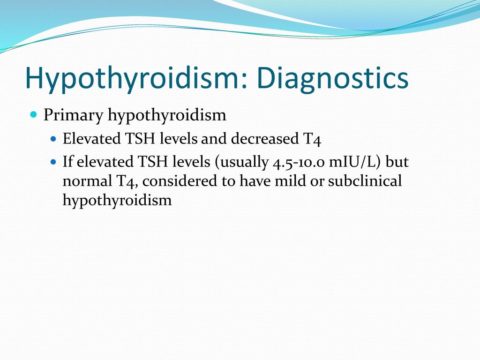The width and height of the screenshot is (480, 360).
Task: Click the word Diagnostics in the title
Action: pyautogui.click(x=333, y=78)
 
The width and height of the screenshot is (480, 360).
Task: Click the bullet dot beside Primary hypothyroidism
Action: pyautogui.click(x=34, y=115)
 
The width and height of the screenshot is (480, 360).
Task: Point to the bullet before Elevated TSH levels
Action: pyautogui.click(x=53, y=139)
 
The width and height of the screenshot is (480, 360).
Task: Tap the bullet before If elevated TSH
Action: pyautogui.click(x=53, y=161)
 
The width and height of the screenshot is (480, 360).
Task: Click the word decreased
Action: pyautogui.click(x=264, y=138)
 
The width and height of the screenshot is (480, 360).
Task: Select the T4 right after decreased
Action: pyautogui.click(x=312, y=139)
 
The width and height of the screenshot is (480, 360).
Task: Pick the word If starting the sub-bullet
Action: pyautogui.click(x=67, y=161)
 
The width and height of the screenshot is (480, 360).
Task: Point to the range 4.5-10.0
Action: pyautogui.click(x=299, y=162)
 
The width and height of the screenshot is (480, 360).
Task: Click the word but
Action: pyautogui.click(x=397, y=161)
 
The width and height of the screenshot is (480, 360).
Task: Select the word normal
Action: pyautogui.click(x=87, y=180)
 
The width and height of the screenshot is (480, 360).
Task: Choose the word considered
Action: pyautogui.click(x=180, y=180)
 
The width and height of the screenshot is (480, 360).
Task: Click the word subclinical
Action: pyautogui.click(x=365, y=180)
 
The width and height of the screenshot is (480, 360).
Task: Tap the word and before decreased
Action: pyautogui.click(x=214, y=138)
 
